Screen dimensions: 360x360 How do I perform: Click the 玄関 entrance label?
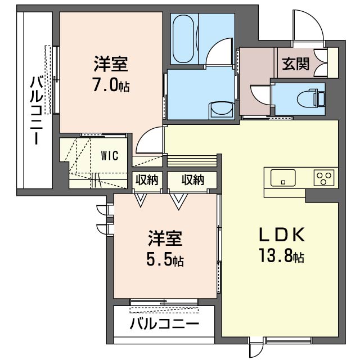[295, 64]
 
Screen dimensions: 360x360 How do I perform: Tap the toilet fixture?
[311, 98]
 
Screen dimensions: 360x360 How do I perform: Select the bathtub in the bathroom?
[183, 39]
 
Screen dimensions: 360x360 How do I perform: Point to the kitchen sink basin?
[283, 178]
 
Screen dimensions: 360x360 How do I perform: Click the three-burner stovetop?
[324, 178]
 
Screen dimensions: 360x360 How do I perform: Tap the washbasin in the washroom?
[222, 111]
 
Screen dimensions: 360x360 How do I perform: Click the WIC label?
[110, 156]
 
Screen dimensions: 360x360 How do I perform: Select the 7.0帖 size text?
[111, 84]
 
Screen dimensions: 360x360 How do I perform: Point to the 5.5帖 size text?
[165, 260]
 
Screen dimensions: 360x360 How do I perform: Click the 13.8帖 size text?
[282, 256]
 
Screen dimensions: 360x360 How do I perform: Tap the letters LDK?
[282, 234]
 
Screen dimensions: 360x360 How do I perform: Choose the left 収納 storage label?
[147, 180]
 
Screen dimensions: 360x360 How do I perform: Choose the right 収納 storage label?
[193, 180]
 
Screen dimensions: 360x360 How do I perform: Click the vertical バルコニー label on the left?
[37, 111]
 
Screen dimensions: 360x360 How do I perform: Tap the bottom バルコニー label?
[164, 324]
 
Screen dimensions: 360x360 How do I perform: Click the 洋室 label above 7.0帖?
[111, 64]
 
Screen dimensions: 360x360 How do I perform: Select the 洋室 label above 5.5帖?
[165, 238]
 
